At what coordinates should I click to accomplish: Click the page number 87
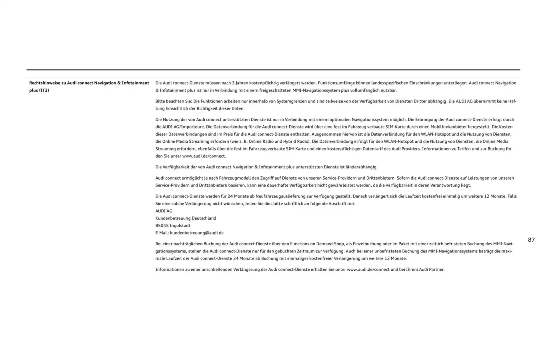click(x=531, y=240)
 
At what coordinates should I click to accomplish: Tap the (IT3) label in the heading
click(x=44, y=90)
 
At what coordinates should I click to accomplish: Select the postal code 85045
click(x=162, y=226)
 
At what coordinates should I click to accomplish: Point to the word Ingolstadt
click(x=180, y=226)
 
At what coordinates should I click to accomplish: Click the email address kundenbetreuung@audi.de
click(x=197, y=233)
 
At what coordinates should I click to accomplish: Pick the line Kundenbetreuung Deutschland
click(x=186, y=218)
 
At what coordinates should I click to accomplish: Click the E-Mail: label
click(x=162, y=233)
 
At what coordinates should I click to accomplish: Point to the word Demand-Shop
click(x=330, y=244)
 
